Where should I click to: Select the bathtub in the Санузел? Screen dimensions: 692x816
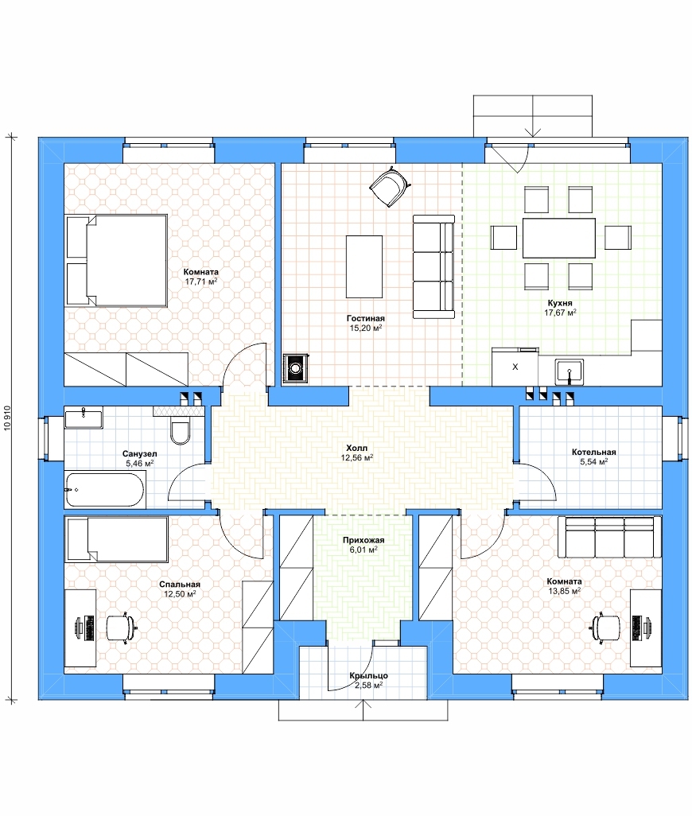tap(104, 490)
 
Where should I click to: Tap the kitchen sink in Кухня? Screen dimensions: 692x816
tap(570, 371)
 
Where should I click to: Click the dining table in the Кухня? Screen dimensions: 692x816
tap(559, 238)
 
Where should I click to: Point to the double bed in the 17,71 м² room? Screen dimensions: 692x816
tap(116, 260)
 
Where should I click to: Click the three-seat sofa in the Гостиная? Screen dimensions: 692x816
tap(433, 266)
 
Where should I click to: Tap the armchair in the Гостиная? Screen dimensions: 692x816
tap(389, 186)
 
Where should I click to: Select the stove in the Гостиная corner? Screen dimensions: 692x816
tap(296, 368)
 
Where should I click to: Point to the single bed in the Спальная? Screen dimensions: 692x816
tap(117, 539)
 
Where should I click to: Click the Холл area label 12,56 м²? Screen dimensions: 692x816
tap(357, 458)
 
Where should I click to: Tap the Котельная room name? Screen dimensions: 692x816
tap(593, 453)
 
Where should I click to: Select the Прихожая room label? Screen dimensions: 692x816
tap(363, 540)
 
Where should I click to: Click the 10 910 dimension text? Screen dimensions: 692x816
tap(7, 418)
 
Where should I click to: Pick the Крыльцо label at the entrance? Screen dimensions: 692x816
tap(368, 675)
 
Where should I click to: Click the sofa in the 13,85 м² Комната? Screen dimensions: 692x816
tap(609, 537)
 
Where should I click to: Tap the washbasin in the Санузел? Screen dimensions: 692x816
tap(84, 418)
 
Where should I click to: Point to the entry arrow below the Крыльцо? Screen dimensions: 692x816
tap(363, 710)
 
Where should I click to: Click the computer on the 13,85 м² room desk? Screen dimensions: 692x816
tap(639, 628)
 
